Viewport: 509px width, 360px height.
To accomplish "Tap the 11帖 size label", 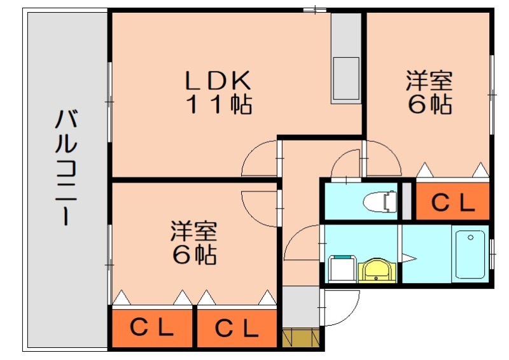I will [218, 104].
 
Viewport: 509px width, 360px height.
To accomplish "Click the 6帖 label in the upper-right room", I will [429, 104].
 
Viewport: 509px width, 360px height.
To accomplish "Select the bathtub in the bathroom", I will [470, 254].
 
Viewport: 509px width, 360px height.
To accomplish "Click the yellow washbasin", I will [377, 270].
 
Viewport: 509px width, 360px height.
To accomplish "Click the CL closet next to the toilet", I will [452, 202].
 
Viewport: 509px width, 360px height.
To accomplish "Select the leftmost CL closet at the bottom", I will [152, 328].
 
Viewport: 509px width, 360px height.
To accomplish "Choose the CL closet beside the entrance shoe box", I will [237, 328].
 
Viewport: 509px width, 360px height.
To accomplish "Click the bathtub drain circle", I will [471, 238].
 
